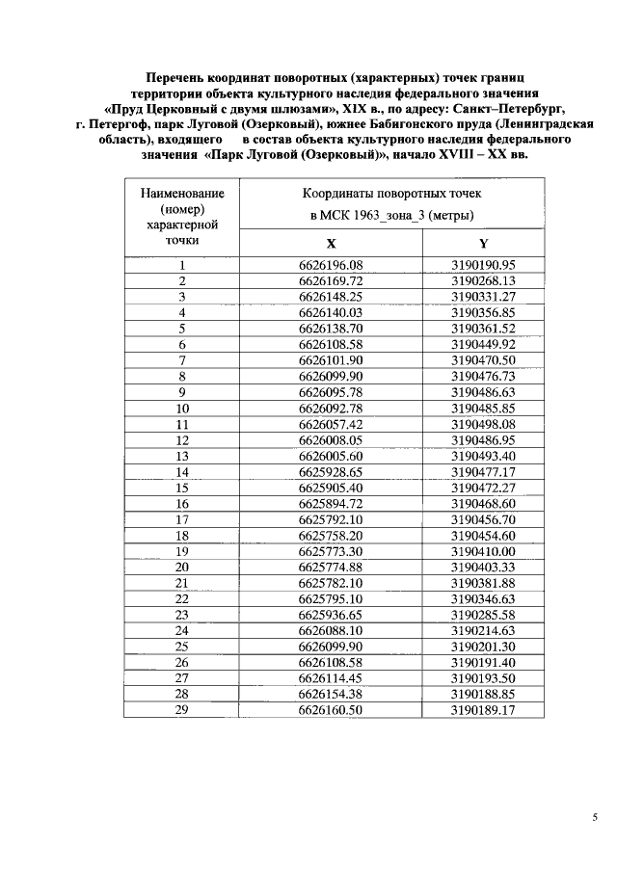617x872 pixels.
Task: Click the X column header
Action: click(x=331, y=244)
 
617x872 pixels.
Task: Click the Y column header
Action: click(x=482, y=244)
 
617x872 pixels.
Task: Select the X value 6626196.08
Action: click(x=331, y=265)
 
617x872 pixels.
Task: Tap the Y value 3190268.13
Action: click(x=482, y=280)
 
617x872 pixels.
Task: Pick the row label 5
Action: click(x=181, y=328)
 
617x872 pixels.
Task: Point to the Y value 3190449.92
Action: click(x=482, y=344)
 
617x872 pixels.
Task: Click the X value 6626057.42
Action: click(x=331, y=423)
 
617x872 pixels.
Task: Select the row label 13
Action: click(x=181, y=455)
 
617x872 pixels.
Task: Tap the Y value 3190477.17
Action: click(x=482, y=471)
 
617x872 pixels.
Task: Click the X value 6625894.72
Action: click(x=331, y=503)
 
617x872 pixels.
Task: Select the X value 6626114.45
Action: click(x=331, y=677)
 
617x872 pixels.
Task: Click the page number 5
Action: click(x=595, y=818)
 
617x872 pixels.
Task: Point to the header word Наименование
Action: click(x=181, y=195)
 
